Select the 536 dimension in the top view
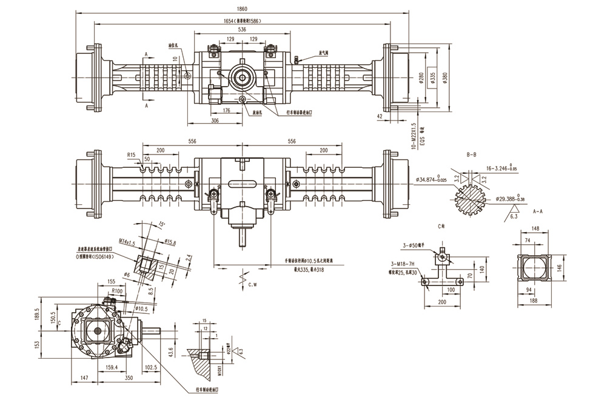pyautogui.click(x=242, y=29)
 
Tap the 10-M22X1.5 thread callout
pyautogui.click(x=414, y=136)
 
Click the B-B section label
pyautogui.click(x=471, y=156)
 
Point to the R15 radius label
pyautogui.click(x=132, y=155)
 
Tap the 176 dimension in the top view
pyautogui.click(x=226, y=110)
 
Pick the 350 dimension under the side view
pyautogui.click(x=129, y=378)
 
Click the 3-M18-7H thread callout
pyautogui.click(x=403, y=264)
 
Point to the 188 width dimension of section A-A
pyautogui.click(x=534, y=299)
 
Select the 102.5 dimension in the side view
pyautogui.click(x=152, y=367)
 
